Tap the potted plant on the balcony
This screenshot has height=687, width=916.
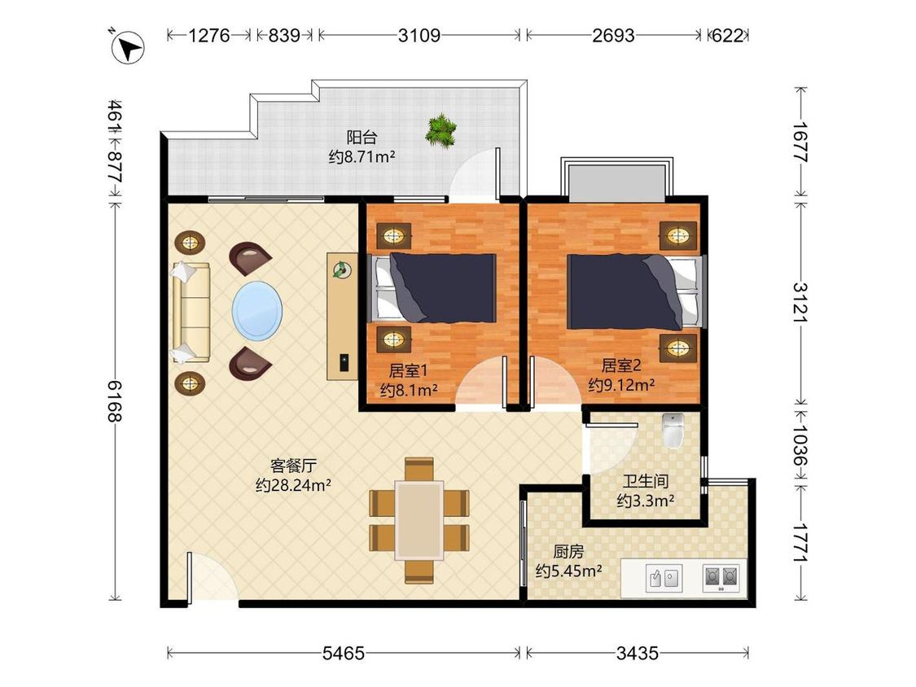[441, 130]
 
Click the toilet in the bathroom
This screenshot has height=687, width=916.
[673, 431]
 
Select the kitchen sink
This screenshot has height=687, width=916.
[664, 578]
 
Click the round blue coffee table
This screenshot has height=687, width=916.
[257, 311]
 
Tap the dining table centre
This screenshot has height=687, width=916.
[419, 520]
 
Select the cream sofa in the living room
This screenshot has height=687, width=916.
[191, 313]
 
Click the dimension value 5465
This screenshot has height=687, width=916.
[344, 653]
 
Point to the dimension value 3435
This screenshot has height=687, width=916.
[638, 653]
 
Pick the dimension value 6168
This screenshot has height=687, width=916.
[115, 401]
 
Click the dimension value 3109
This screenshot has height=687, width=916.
[419, 36]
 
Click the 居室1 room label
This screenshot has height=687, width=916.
[409, 370]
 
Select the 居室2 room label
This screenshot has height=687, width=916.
[621, 365]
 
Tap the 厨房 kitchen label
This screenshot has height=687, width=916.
[568, 551]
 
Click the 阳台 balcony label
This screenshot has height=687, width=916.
[362, 138]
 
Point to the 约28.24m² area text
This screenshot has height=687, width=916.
[293, 485]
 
